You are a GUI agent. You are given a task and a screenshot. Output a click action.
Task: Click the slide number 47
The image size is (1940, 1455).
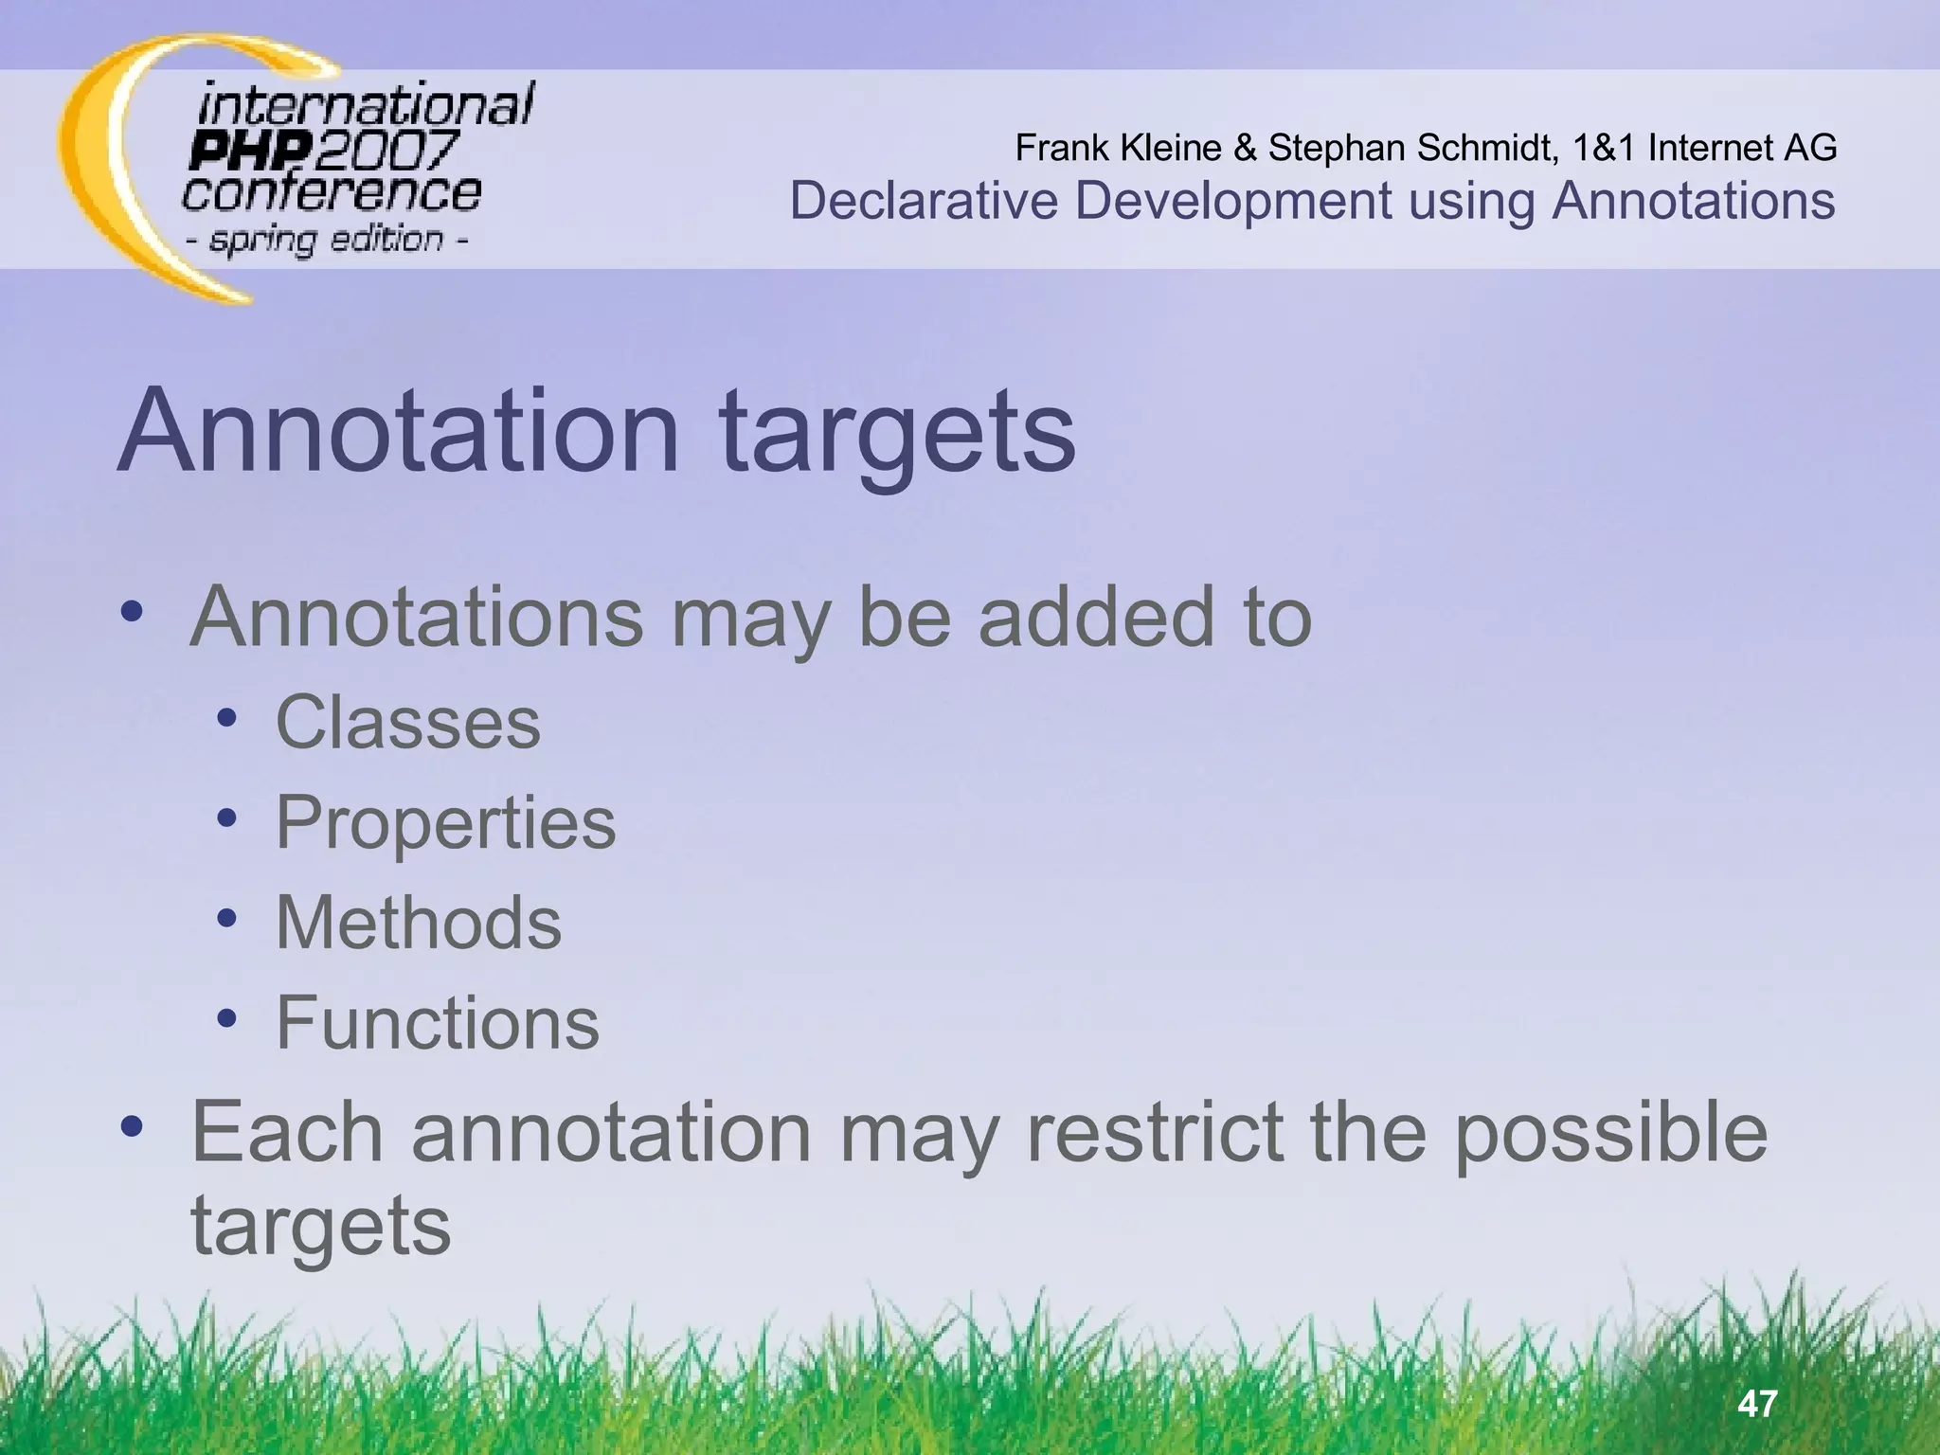(1758, 1403)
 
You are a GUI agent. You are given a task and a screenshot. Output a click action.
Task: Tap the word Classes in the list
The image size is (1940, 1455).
(407, 723)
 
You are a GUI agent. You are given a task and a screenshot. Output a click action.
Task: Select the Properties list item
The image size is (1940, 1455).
(445, 822)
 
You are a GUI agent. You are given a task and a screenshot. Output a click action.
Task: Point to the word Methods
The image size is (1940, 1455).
(418, 923)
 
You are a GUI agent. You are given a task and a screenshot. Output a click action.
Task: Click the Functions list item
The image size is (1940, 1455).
(437, 1023)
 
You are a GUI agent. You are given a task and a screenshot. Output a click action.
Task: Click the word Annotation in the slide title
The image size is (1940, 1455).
(399, 431)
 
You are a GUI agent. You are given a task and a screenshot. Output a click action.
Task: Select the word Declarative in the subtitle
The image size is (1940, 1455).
(924, 201)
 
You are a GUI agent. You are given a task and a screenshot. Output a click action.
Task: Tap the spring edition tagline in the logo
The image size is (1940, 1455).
(327, 239)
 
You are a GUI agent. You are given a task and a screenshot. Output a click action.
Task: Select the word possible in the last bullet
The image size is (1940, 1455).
(1610, 1134)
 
